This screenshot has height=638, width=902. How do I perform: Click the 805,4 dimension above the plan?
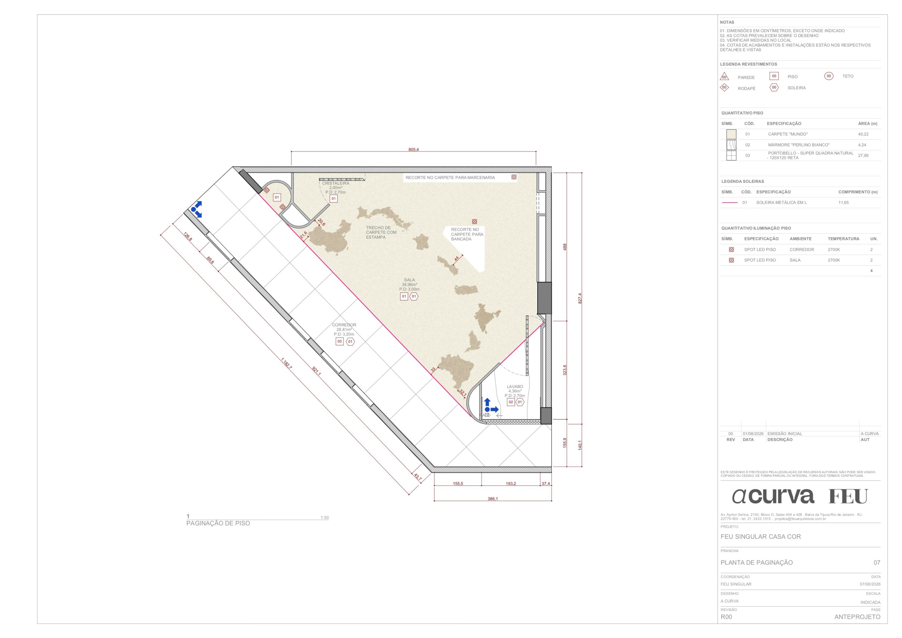pyautogui.click(x=413, y=150)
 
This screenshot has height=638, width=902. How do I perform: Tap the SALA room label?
pyautogui.click(x=409, y=280)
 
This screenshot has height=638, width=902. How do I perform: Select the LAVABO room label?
pyautogui.click(x=515, y=386)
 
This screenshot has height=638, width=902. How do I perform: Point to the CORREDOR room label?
pyautogui.click(x=344, y=325)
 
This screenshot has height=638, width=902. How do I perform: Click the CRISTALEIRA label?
pyautogui.click(x=335, y=183)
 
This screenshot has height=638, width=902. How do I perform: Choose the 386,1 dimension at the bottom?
pyautogui.click(x=493, y=499)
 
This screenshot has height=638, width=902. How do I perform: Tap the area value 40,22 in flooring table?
pyautogui.click(x=863, y=134)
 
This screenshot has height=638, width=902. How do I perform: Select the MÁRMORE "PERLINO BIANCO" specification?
pyautogui.click(x=799, y=145)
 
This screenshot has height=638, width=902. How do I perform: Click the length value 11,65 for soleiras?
pyautogui.click(x=844, y=203)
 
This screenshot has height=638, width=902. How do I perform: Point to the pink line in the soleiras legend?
pyautogui.click(x=730, y=203)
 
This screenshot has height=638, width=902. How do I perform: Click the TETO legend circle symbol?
pyautogui.click(x=828, y=76)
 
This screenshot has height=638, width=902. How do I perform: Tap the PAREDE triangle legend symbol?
pyautogui.click(x=724, y=76)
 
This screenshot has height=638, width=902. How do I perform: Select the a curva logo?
pyautogui.click(x=773, y=496)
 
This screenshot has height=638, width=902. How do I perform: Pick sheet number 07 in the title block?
pyautogui.click(x=877, y=563)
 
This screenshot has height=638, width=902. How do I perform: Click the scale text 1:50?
pyautogui.click(x=325, y=518)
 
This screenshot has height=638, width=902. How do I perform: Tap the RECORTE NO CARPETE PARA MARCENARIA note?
pyautogui.click(x=450, y=178)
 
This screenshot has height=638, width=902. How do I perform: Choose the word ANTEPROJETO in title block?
pyautogui.click(x=857, y=617)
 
